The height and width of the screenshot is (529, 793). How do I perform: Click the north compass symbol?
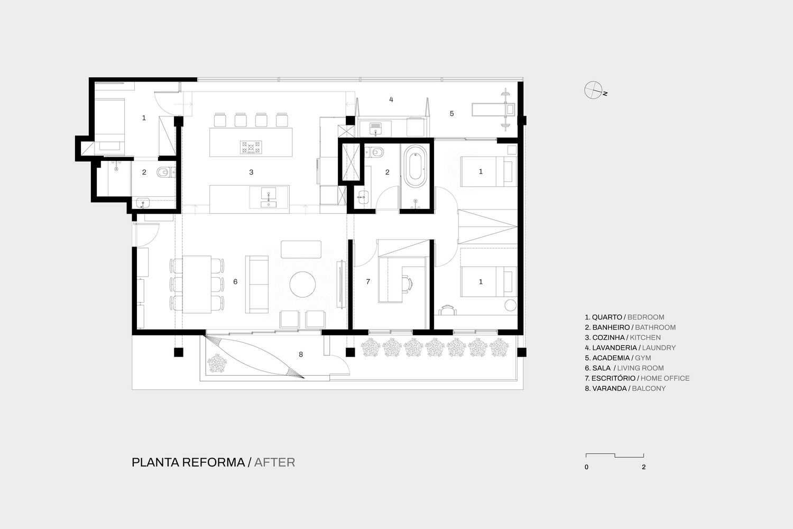(594, 90)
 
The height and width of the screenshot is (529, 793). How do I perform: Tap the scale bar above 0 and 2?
(614, 455)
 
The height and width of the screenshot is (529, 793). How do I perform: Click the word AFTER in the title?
(274, 462)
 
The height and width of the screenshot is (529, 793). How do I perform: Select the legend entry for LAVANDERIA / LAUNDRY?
(630, 348)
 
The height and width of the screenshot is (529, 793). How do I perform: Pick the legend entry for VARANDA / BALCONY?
(625, 388)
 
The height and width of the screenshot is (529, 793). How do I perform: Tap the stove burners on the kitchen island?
(251, 148)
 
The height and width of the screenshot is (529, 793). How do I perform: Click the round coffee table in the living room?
(303, 284)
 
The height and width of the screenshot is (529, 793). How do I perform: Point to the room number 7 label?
(368, 281)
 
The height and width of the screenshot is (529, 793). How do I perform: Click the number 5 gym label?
(451, 114)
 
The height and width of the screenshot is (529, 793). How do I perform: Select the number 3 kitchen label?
(251, 172)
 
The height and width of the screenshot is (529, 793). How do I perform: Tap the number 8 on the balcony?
(301, 354)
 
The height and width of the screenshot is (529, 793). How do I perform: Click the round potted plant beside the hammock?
(217, 363)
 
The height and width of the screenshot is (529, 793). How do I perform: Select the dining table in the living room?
(197, 285)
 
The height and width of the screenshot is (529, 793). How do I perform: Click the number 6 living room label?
(235, 281)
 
